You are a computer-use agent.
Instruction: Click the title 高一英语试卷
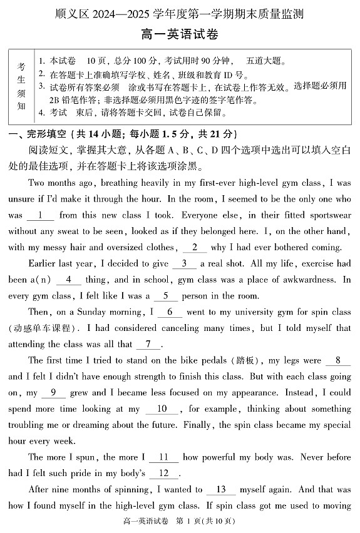(180, 35)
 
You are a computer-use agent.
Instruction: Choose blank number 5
(169, 312)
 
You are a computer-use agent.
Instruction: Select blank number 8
(53, 393)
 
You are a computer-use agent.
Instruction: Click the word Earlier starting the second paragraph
(45, 263)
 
